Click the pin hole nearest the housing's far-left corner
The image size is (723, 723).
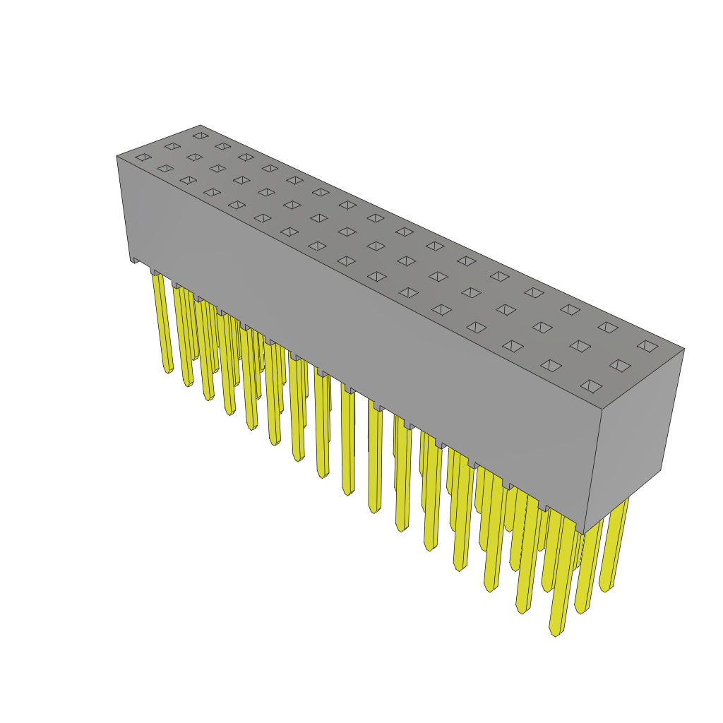pos(143,157)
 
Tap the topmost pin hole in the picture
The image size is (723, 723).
pos(201,136)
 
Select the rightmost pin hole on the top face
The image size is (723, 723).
pos(647,346)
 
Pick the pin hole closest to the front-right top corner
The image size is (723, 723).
pos(591,386)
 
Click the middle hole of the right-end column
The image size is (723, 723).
pos(620,366)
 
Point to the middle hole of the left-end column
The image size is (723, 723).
pos(172,146)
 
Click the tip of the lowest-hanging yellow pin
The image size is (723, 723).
pos(556,633)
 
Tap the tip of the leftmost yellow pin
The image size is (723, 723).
pos(167,370)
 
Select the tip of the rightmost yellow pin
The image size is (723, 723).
pos(604,589)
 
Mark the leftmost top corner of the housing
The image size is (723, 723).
pos(117,157)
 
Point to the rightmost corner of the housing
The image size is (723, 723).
pos(683,349)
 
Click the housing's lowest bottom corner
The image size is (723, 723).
pos(583,533)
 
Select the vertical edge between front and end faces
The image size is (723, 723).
pos(593,470)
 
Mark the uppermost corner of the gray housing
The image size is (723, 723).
pos(201,126)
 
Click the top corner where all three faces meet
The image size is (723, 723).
pos(602,409)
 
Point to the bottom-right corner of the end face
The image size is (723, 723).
pos(661,470)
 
